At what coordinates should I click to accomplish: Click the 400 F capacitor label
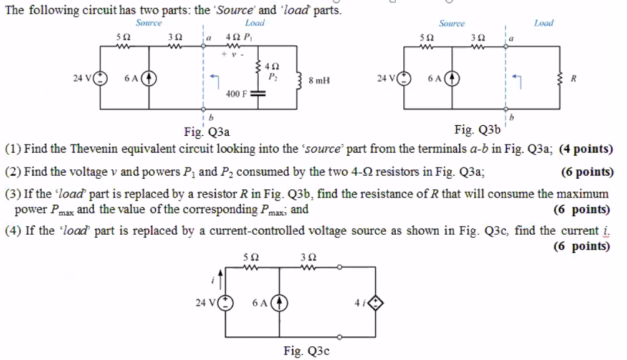coord(237,95)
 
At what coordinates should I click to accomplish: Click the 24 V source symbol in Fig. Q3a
coord(100,79)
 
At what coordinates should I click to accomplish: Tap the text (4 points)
coord(586,149)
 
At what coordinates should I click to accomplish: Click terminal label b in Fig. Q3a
coord(211,117)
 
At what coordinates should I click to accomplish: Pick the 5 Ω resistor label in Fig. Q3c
coord(251,257)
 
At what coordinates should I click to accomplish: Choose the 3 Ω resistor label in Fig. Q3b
coord(481,37)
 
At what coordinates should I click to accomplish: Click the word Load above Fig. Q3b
coord(543,23)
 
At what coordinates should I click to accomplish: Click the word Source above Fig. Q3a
coord(148,22)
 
